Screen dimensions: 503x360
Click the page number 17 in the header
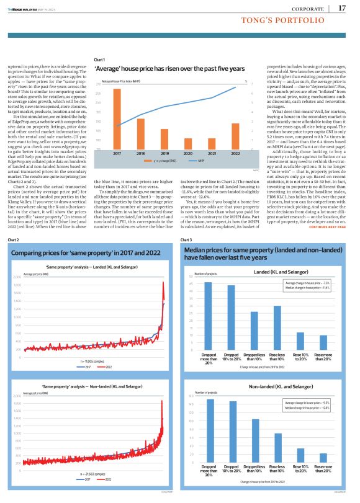tap(342, 8)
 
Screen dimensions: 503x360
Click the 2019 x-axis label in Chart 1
tap(164, 152)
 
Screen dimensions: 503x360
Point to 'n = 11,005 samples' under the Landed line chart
tap(93, 360)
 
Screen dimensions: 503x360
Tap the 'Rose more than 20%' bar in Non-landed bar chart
tap(322, 458)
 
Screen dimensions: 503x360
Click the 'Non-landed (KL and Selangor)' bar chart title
tap(281, 386)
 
